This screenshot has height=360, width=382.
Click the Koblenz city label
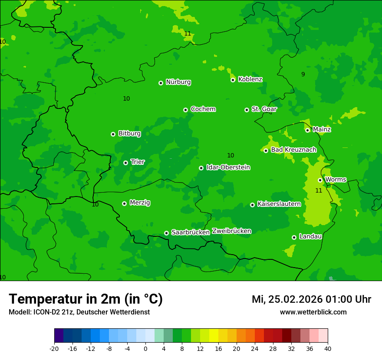point(250,79)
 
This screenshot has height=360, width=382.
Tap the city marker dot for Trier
point(125,163)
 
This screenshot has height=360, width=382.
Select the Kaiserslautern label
point(279,204)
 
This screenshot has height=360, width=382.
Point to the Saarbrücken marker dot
point(166,233)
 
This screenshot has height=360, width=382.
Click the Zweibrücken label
point(231,231)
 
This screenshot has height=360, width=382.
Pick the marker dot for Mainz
point(307,130)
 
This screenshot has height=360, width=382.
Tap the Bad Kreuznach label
point(293,150)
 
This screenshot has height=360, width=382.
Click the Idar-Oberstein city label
point(228,167)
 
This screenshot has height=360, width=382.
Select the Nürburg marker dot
point(161,83)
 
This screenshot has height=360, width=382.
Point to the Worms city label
point(336,180)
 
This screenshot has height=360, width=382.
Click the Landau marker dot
point(294,237)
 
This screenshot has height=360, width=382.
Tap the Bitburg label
point(129,134)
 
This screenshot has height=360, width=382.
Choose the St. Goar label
point(264,109)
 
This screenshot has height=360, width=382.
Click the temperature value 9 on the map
point(303,74)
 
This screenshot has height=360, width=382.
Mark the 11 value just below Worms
point(319,190)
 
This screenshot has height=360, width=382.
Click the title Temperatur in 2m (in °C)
point(86,299)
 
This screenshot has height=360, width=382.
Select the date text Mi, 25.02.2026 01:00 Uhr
point(311,299)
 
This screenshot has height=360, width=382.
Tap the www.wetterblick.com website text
point(313,312)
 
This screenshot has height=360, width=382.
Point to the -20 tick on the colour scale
point(54,348)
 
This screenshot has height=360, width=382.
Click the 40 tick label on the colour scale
point(328,348)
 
